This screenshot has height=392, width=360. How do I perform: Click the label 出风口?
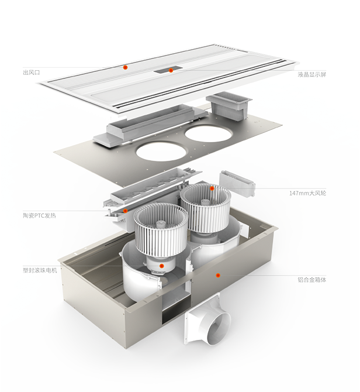coord(32,73)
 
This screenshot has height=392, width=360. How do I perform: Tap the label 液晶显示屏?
coord(312,74)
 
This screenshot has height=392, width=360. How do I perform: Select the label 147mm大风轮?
coord(307,193)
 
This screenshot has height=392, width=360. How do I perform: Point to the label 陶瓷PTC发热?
coord(39,215)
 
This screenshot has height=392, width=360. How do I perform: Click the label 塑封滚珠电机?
coord(40,270)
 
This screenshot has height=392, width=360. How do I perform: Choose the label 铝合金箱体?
coord(312,280)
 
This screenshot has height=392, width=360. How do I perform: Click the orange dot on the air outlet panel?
coord(126,67)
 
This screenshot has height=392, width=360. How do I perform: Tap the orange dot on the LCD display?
coord(171,70)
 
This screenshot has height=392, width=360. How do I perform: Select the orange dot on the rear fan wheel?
coord(212,188)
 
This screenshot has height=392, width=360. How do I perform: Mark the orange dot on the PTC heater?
coord(126,211)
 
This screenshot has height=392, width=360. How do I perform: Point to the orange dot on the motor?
coord(162,266)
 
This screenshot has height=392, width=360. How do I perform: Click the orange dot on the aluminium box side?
coord(218,275)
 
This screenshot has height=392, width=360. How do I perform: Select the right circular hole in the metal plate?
coord(209,133)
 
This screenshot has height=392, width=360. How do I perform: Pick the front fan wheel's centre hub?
coord(160,224)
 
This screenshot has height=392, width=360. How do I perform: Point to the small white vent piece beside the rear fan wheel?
coord(237,183)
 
